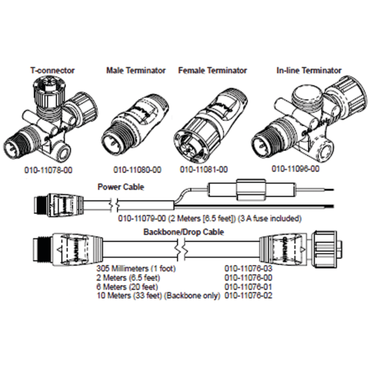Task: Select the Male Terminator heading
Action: [x=133, y=70]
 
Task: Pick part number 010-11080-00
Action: [x=136, y=171]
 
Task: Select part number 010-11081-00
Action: [x=204, y=171]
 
